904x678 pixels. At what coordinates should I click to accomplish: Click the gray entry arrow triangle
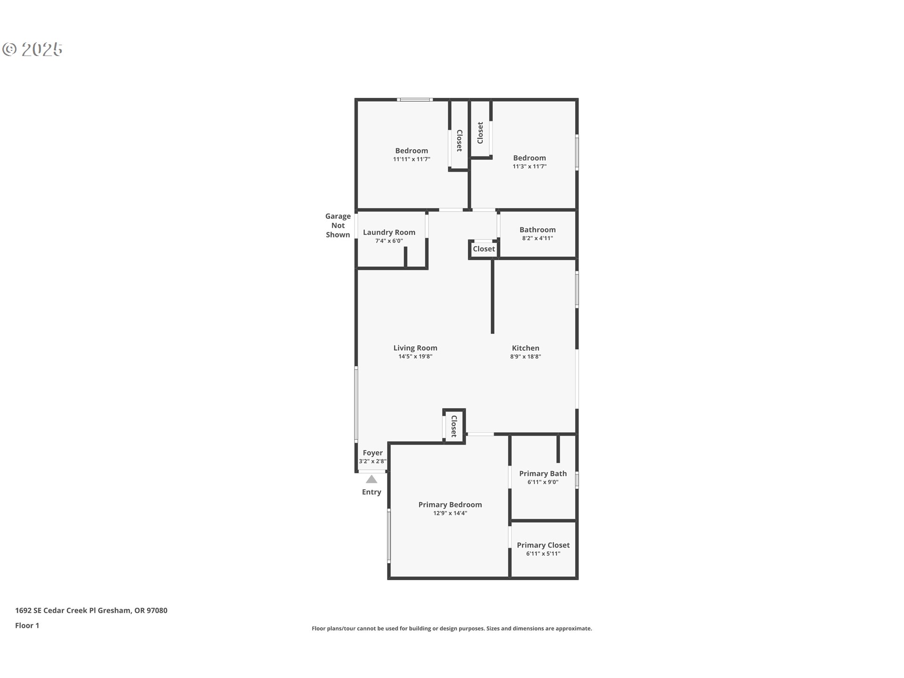[x=371, y=479]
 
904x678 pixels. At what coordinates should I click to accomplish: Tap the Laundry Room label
[x=389, y=232]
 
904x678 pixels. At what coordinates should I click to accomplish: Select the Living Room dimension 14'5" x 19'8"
[x=415, y=356]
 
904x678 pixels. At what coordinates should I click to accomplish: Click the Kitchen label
[x=525, y=348]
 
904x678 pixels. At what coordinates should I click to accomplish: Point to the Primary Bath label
[x=543, y=474]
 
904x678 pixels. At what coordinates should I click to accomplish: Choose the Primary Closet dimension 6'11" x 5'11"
[x=543, y=553]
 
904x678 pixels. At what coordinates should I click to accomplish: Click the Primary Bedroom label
[x=450, y=505]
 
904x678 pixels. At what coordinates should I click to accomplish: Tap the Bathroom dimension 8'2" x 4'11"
[x=537, y=238]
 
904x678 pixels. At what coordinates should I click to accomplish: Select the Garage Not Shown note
[x=338, y=226]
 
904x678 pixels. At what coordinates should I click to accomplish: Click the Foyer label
[x=372, y=453]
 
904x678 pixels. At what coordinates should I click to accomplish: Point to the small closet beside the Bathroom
[x=484, y=249]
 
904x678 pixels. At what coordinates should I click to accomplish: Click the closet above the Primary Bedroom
[x=454, y=426]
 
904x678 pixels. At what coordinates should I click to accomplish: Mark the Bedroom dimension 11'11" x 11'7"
[x=412, y=159]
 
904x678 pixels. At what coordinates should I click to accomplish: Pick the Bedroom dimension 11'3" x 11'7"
[x=529, y=166]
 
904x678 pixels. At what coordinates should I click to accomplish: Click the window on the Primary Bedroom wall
[x=389, y=535]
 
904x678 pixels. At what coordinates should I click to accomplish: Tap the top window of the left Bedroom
[x=415, y=99]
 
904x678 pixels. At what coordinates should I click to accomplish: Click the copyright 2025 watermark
[x=32, y=49]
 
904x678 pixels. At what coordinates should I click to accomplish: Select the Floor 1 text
[x=27, y=625]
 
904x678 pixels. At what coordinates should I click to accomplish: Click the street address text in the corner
[x=91, y=610]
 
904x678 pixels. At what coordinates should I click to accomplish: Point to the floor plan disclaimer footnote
[x=452, y=628]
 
